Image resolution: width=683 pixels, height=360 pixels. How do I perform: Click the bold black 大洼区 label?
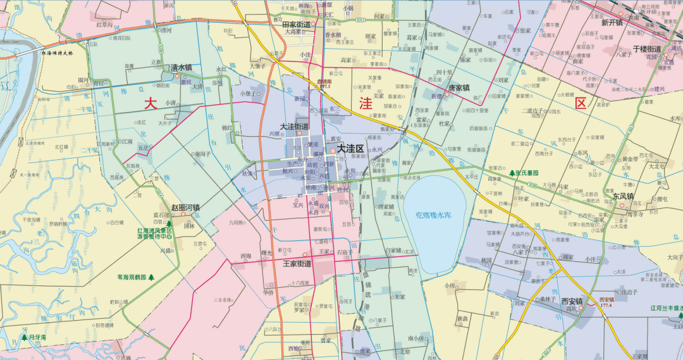[x=350, y=148]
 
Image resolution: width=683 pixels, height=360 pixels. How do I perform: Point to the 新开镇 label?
[x=612, y=23]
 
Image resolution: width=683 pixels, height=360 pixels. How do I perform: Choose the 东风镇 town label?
[x=623, y=196]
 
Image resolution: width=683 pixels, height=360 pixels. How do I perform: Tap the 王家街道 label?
[x=297, y=263]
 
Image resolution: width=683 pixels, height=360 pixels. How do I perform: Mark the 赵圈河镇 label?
[x=185, y=207]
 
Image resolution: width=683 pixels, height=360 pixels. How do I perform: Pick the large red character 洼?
[x=366, y=104]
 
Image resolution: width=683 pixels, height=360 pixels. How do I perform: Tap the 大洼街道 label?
[x=295, y=127]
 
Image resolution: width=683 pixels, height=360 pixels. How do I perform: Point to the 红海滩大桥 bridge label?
[x=58, y=53]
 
